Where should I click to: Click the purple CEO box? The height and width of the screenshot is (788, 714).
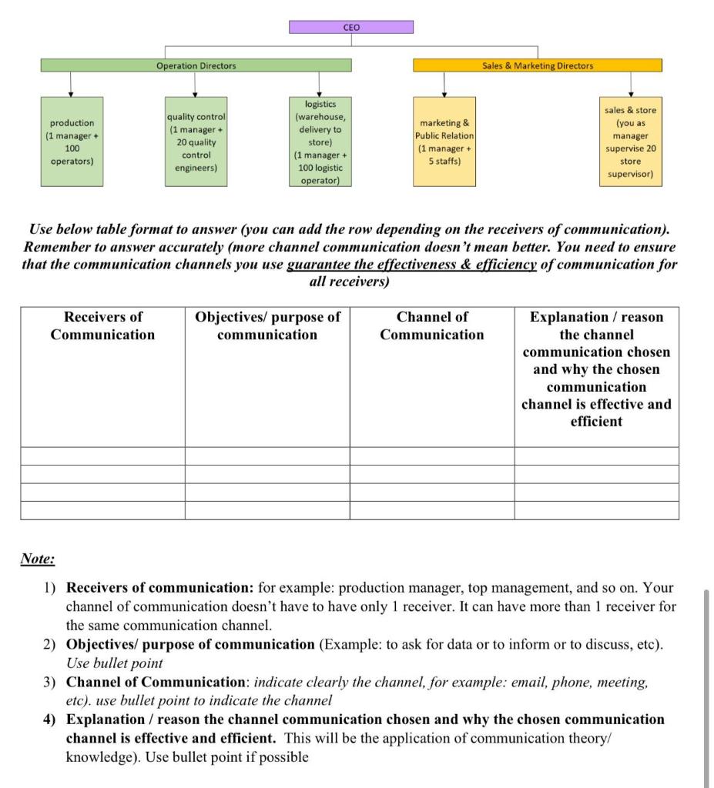(350, 27)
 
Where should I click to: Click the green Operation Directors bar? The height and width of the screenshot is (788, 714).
(196, 65)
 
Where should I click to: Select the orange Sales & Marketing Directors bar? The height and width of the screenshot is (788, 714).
(537, 65)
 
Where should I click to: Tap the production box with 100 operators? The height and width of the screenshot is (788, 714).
(72, 142)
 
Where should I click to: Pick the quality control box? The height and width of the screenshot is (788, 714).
(196, 142)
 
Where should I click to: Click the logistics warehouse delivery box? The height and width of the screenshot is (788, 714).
(320, 142)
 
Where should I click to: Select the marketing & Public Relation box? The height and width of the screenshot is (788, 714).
(444, 142)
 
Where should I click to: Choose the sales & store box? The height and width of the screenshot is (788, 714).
(630, 142)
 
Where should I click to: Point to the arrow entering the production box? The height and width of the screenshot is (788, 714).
(71, 86)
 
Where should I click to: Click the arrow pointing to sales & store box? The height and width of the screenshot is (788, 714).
(630, 86)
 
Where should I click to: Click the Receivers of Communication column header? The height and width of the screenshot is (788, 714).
(102, 326)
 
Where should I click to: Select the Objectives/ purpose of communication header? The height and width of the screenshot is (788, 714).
(267, 326)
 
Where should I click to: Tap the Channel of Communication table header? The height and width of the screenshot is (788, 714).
(432, 326)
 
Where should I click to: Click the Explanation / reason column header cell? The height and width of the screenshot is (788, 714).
(596, 369)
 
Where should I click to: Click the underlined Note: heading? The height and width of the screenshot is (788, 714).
(37, 559)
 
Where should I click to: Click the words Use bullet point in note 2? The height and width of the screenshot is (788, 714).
(114, 663)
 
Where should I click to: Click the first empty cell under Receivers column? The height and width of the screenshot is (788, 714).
(102, 456)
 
